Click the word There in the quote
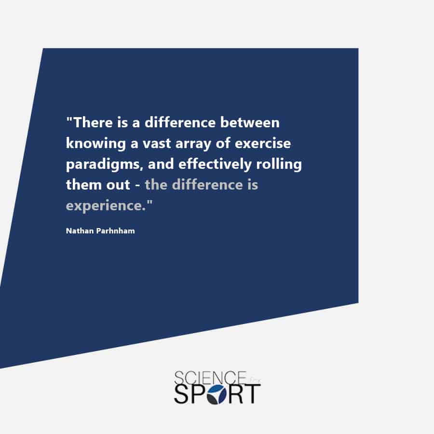pos(94,122)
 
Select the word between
pos(250,122)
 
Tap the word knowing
pos(96,144)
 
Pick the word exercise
pos(263,143)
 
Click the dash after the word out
pos(137,186)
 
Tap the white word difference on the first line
pos(180,122)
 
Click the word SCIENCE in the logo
pos(210,378)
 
